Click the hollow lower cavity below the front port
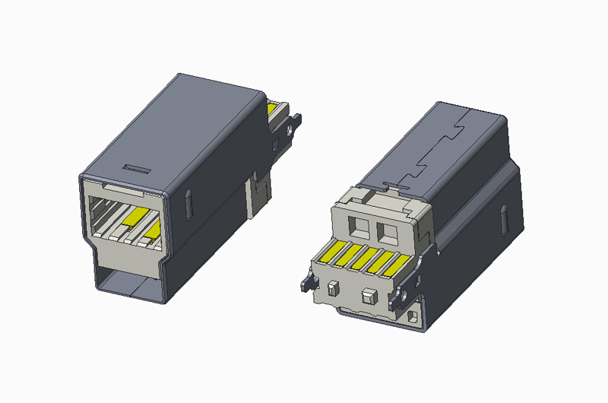point(129,282)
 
